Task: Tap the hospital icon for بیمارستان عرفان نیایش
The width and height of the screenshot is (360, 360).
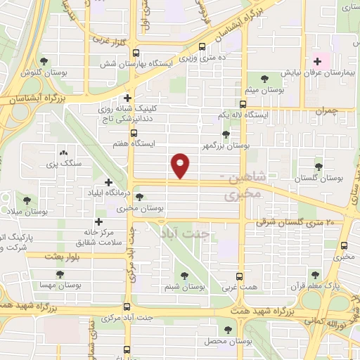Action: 316,60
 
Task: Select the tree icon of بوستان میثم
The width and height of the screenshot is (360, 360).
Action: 264,77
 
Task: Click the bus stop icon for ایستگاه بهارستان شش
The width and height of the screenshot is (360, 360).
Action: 136,52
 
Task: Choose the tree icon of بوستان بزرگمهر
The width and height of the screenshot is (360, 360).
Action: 226,134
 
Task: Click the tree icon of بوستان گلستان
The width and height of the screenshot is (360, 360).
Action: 319,167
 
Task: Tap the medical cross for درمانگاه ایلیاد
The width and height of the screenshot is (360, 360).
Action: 108,183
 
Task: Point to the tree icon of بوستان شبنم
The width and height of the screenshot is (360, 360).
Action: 185,276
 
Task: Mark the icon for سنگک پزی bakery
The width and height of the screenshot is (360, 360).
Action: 63,153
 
